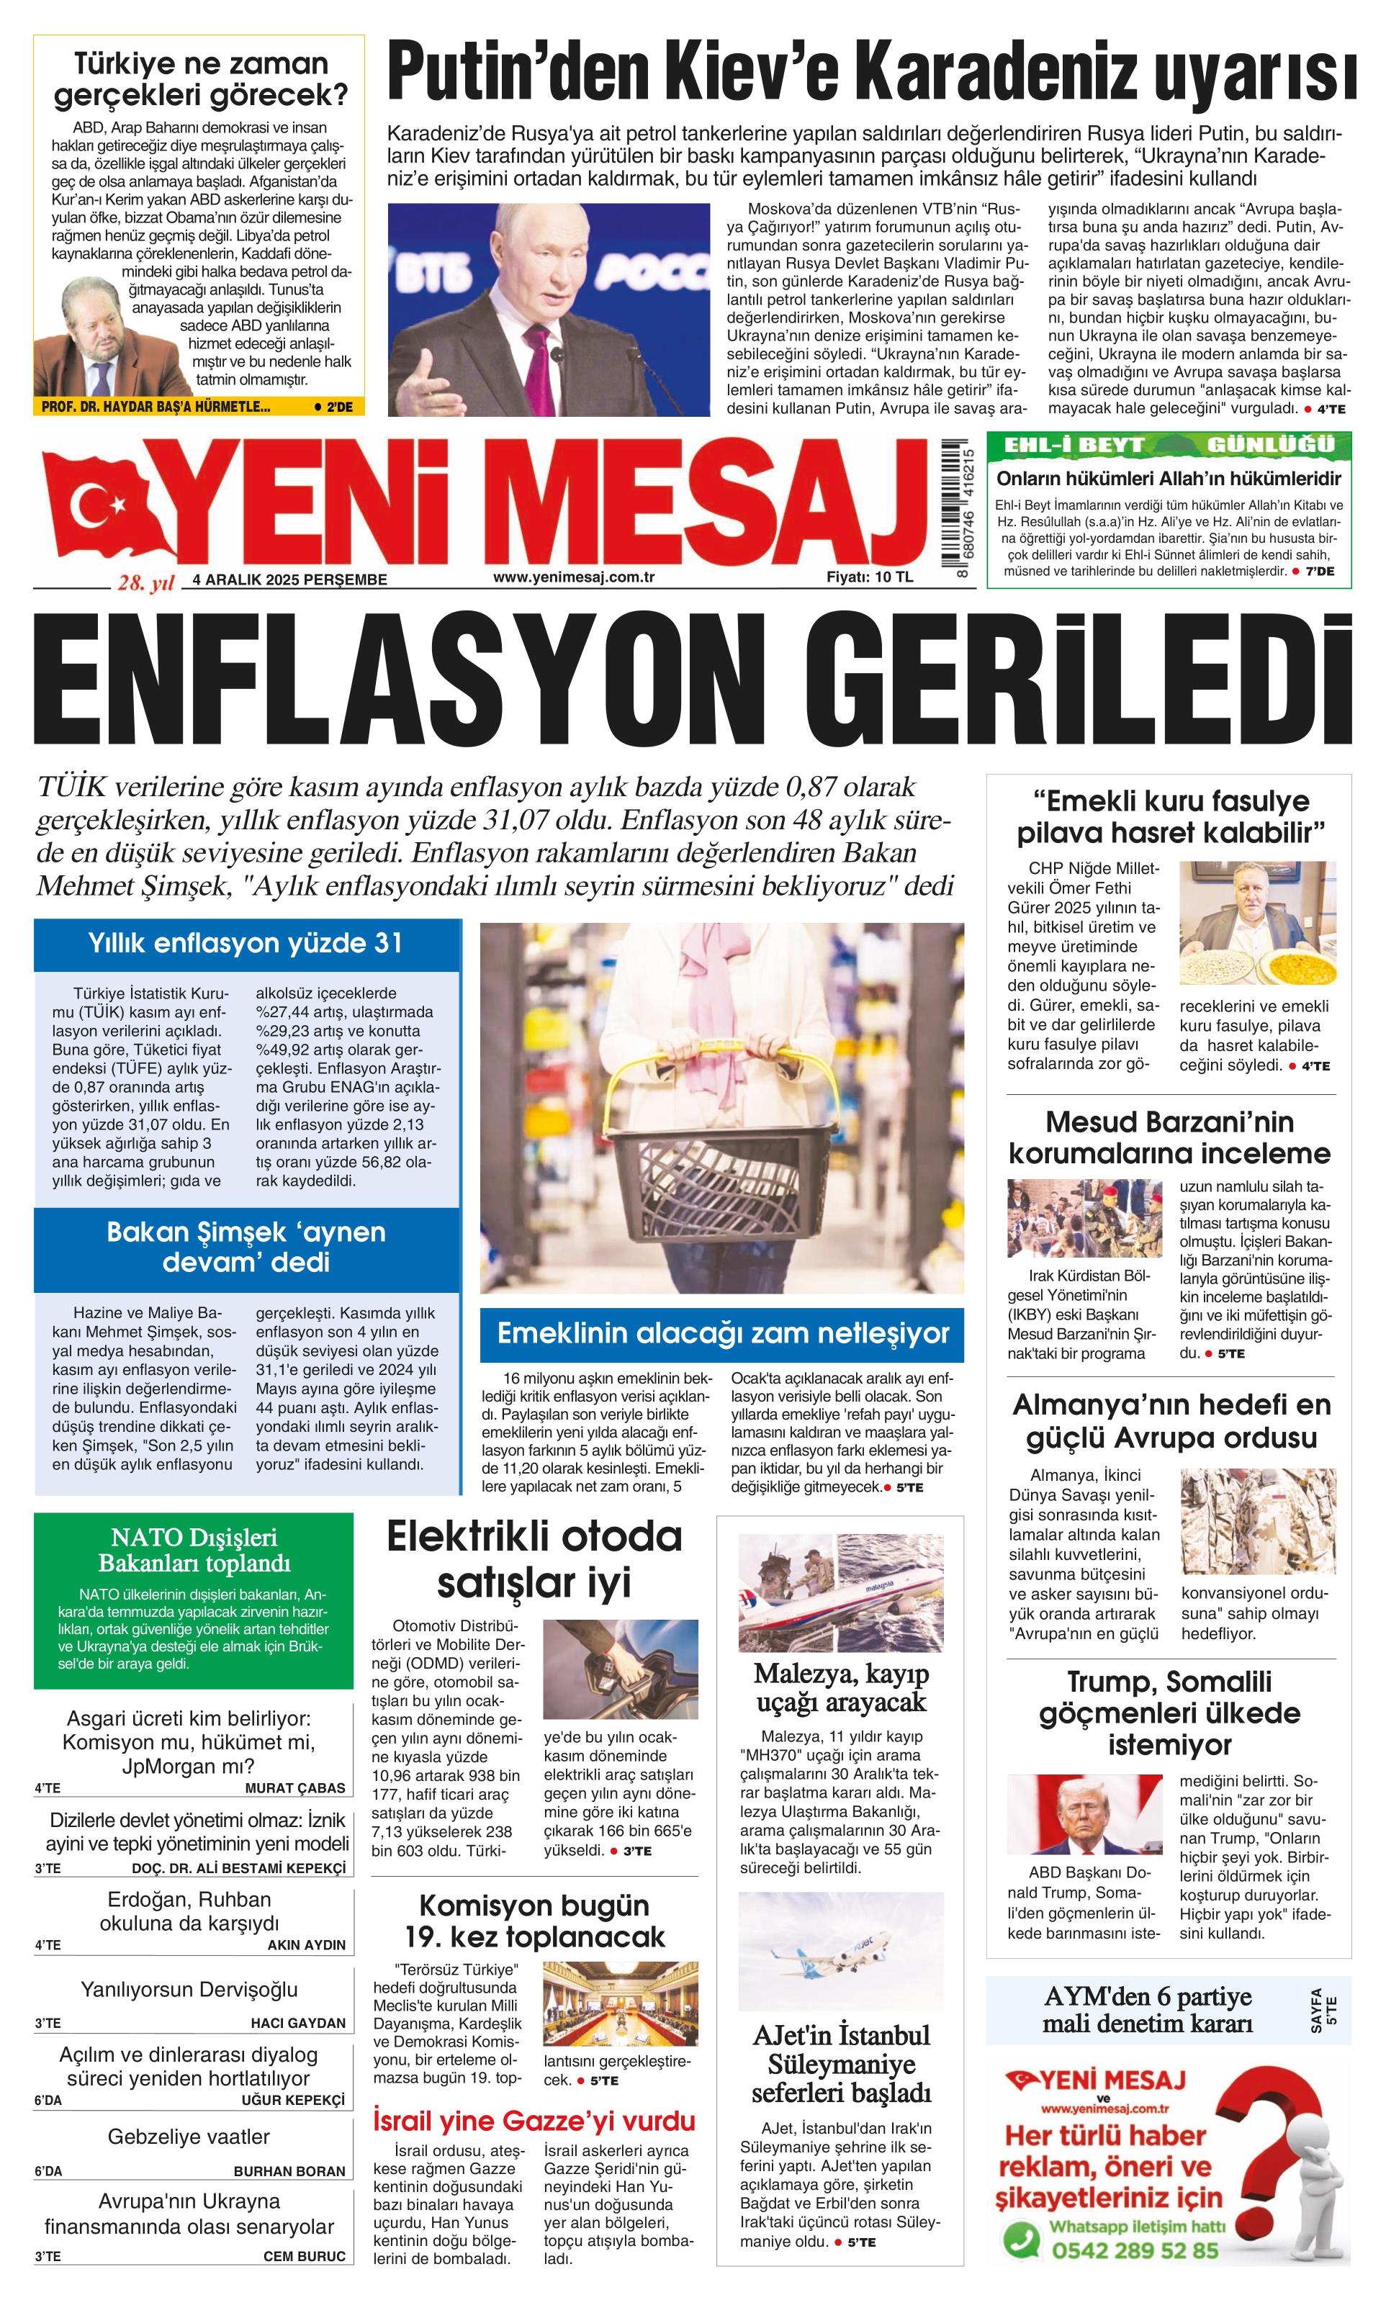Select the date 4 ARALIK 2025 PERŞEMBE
289,579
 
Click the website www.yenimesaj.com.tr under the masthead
573,577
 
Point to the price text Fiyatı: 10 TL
870,577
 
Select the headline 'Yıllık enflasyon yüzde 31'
246,943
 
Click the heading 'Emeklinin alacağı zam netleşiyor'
722,1333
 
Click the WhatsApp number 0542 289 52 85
1134,2250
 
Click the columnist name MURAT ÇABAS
295,1788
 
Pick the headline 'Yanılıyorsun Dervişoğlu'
189,1989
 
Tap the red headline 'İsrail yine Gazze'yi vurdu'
534,2121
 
